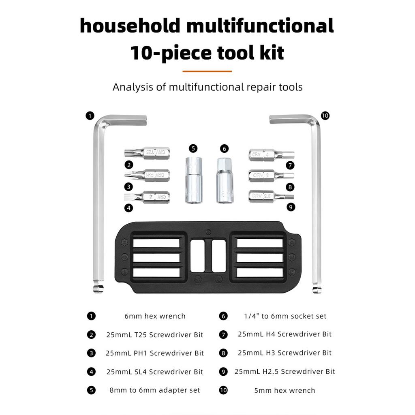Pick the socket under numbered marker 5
point(193,180)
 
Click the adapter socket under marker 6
point(224,180)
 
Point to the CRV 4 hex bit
point(271,154)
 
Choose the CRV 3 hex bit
point(271,175)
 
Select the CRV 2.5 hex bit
point(271,196)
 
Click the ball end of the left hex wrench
point(98,288)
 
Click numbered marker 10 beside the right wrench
point(325,116)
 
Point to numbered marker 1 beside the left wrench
point(90,116)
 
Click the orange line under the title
point(207,71)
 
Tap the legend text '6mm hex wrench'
point(155,316)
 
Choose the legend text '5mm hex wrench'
point(285,391)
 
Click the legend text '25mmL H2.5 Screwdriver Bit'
point(285,372)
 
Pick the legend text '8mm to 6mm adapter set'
point(155,391)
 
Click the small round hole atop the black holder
point(208,232)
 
